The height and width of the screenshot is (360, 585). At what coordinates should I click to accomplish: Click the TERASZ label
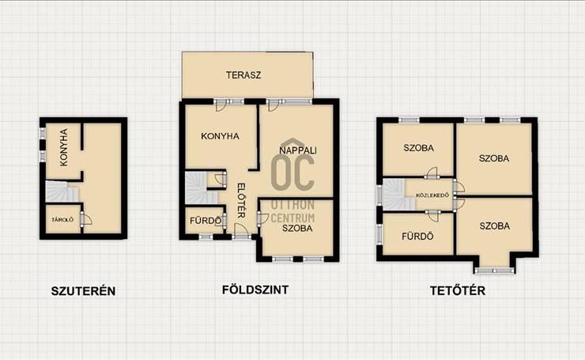pos(243,75)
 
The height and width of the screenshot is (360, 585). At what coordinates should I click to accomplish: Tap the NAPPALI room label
pos(298,150)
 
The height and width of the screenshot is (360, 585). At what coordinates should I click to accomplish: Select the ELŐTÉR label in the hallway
pos(241,200)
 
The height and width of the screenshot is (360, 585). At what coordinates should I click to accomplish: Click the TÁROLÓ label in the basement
pos(62,220)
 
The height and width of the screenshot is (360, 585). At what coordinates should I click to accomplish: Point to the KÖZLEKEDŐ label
pos(432,195)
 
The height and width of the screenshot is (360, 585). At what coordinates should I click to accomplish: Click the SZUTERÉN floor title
pos(83,291)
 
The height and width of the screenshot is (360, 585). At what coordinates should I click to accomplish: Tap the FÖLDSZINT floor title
pos(255,290)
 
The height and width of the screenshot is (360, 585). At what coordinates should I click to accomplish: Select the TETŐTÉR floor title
pos(458,290)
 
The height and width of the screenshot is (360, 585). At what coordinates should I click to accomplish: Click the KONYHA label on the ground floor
pos(220,136)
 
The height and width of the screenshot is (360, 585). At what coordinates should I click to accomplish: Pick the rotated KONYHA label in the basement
pos(64,146)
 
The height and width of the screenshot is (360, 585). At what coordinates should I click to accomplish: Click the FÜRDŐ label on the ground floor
pos(206,221)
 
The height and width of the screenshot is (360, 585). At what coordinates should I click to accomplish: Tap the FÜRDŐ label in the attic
pos(417,237)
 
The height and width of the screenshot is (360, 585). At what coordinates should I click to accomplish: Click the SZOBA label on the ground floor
pos(297,228)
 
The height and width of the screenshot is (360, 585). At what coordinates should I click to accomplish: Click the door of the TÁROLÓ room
pos(86,218)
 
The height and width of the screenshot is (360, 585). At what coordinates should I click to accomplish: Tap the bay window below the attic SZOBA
pos(494,271)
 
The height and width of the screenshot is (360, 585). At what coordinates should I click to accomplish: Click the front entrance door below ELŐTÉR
pos(241,231)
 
